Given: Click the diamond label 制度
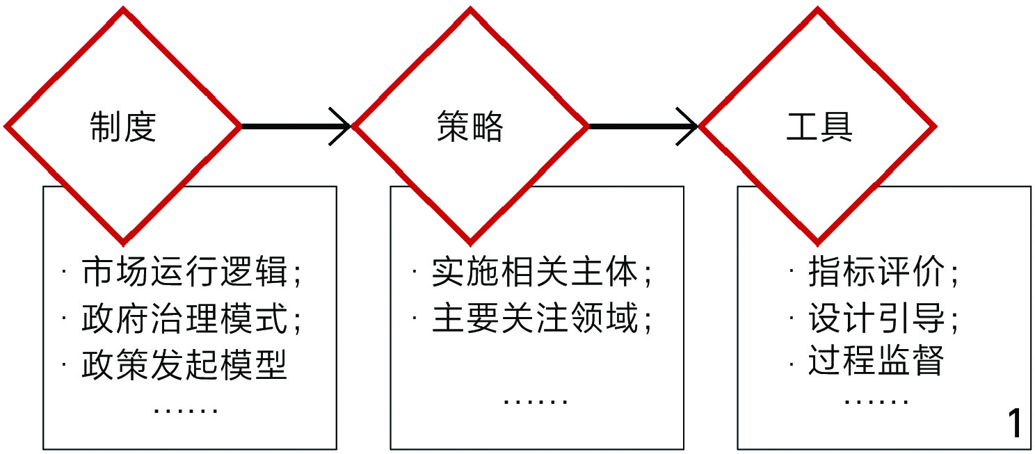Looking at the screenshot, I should [x=123, y=127].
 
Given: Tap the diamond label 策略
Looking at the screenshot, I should [x=470, y=127].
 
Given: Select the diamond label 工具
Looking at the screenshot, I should [x=819, y=127].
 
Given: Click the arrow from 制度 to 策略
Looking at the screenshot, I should [x=296, y=127].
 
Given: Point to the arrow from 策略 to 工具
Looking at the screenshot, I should [x=643, y=127].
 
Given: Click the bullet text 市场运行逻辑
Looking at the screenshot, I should [x=184, y=273].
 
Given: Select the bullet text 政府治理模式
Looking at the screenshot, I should [x=184, y=320].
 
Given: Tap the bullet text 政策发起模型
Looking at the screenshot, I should [x=184, y=364].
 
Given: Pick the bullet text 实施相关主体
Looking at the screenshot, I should [x=534, y=273].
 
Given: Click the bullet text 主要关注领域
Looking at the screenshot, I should [x=534, y=320].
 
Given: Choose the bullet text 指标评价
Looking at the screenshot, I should [x=875, y=273].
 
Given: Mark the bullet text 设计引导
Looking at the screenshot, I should [x=875, y=320].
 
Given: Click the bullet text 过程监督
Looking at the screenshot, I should [x=875, y=362].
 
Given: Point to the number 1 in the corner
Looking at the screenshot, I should [x=1015, y=423].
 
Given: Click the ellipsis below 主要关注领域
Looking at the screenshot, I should [x=536, y=402].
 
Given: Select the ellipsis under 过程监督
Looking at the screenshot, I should [x=876, y=402].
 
